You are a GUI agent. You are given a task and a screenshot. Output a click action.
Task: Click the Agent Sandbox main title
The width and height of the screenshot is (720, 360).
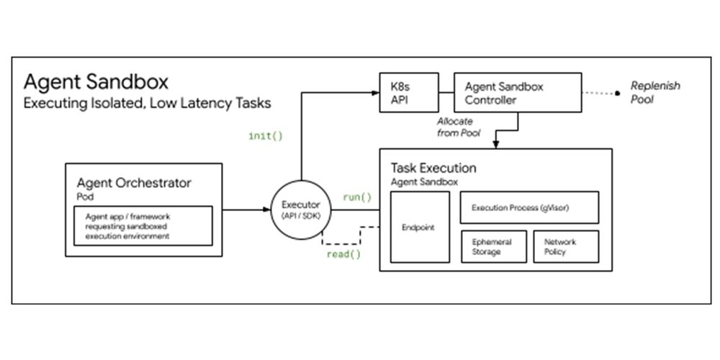coord(96,80)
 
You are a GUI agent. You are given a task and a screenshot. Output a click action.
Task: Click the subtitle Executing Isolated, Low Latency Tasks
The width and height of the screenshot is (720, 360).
coord(147,103)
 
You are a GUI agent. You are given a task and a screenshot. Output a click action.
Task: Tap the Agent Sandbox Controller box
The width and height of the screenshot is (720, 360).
coord(518,92)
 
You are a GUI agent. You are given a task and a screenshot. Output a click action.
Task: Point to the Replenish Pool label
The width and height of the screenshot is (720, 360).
coord(654,92)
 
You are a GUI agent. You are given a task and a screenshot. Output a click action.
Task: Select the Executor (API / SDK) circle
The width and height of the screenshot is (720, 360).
coord(300,210)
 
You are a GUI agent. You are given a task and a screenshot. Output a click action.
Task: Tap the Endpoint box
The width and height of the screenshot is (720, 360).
coord(420,226)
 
